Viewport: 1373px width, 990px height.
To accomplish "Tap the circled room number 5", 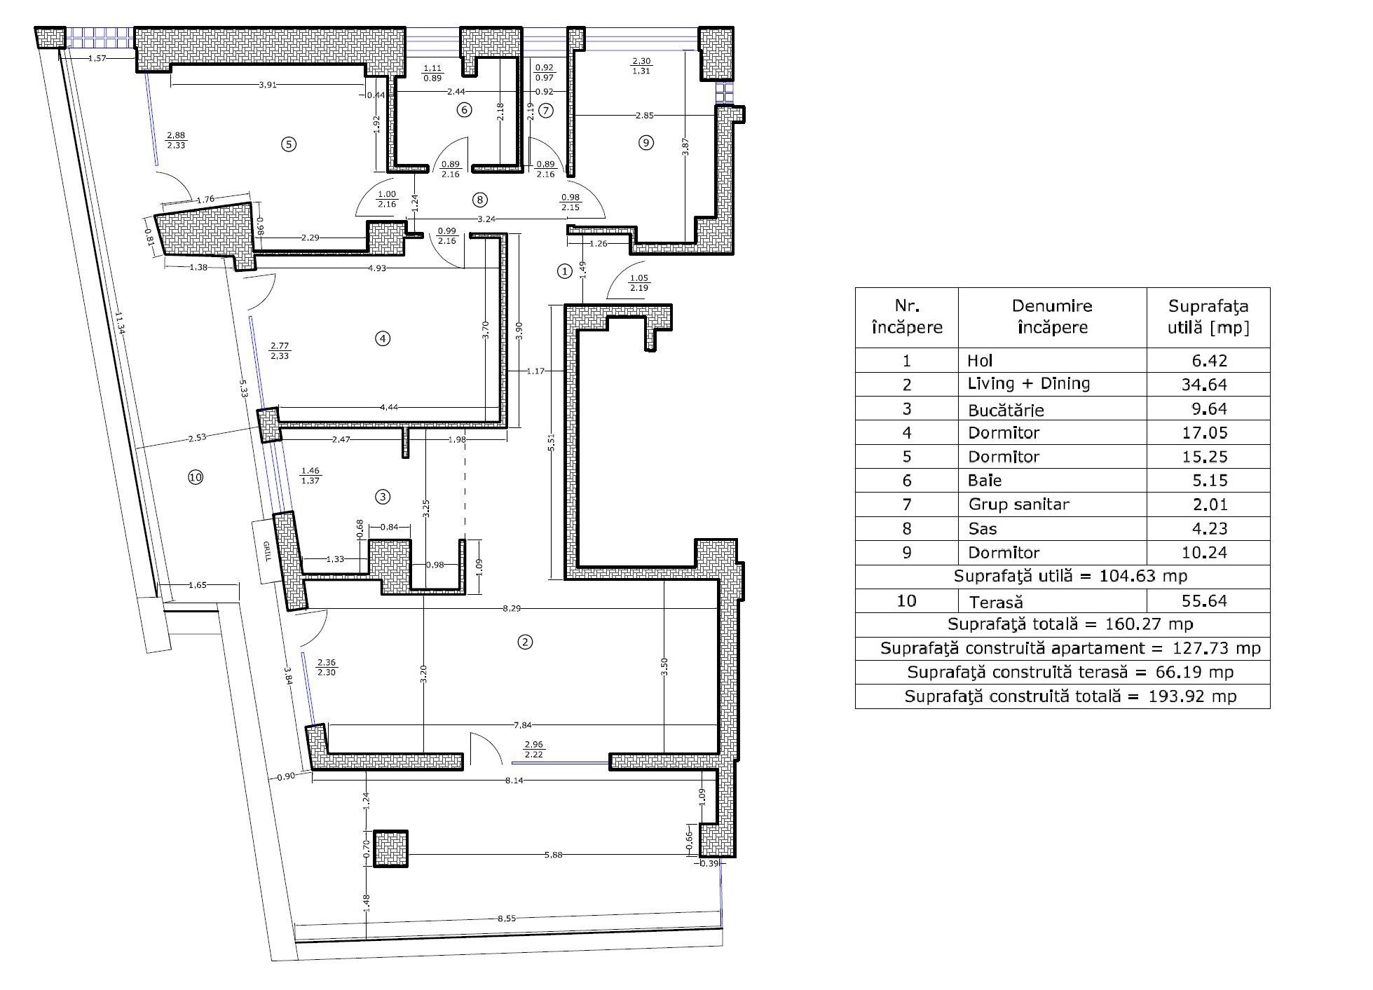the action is (288, 144).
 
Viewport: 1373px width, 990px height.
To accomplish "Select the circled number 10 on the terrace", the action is (196, 477).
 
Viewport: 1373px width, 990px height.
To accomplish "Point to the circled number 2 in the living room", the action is (525, 642).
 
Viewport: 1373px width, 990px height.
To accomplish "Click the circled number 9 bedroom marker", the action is (646, 143).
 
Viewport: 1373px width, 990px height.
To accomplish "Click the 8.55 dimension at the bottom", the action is (506, 918).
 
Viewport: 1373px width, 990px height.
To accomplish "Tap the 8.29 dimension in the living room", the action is (512, 608).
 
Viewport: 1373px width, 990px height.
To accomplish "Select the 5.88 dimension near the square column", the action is (553, 855).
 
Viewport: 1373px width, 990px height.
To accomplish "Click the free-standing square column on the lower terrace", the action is (390, 848).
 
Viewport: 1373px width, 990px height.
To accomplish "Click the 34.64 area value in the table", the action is (1205, 385).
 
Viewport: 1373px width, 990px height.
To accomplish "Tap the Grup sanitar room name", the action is (1018, 504).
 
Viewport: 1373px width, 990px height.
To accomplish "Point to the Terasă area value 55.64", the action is (1205, 600).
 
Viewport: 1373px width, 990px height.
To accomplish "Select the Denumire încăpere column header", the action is (1052, 317).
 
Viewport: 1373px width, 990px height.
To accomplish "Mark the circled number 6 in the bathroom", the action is (463, 109).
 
